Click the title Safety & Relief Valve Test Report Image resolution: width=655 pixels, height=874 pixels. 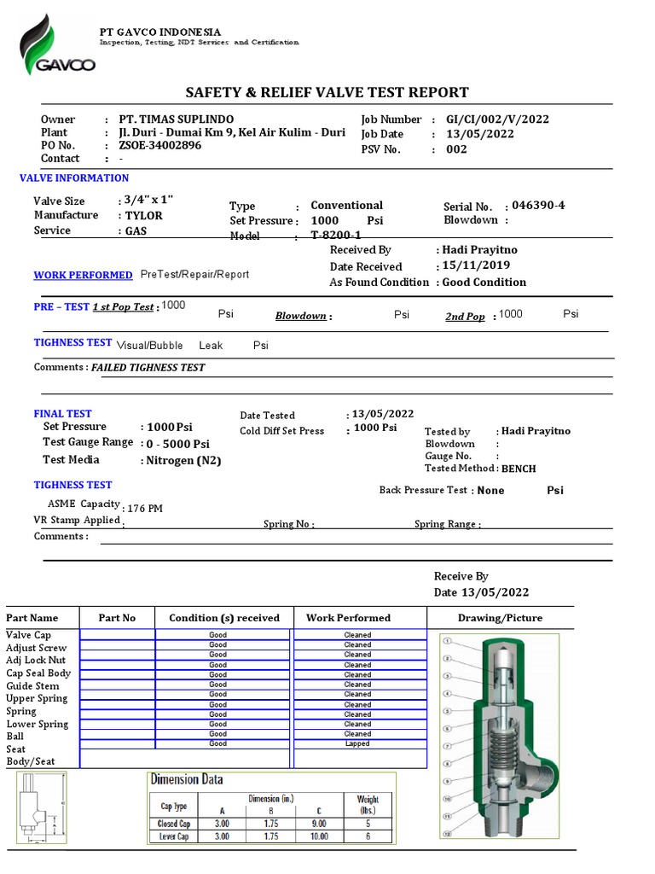[x=327, y=92]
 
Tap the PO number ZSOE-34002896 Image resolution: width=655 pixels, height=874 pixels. [x=159, y=146]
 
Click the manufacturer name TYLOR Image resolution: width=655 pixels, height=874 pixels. [x=142, y=216]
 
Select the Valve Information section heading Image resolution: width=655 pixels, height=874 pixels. [x=74, y=178]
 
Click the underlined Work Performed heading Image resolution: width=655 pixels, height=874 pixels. [x=83, y=275]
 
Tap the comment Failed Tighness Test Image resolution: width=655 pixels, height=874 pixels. [x=148, y=367]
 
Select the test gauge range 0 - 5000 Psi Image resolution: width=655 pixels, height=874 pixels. [x=177, y=444]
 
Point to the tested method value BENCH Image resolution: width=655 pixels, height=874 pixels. [x=519, y=469]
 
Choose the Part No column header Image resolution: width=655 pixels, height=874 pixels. [x=117, y=618]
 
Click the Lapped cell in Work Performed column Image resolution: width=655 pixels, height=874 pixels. [x=357, y=744]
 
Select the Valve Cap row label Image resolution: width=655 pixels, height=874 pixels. [x=29, y=636]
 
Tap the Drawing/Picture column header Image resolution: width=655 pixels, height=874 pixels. [x=500, y=618]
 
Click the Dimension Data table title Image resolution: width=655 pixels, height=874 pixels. [x=187, y=779]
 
